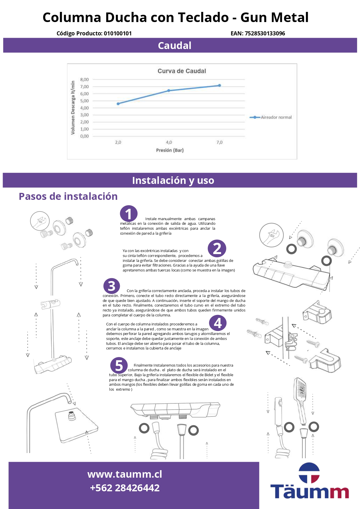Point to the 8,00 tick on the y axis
click(x=84, y=79)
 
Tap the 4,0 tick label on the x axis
click(x=169, y=142)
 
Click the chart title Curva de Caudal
click(x=182, y=71)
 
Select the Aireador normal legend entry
click(x=271, y=117)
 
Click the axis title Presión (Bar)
click(x=170, y=150)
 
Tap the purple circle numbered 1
click(x=129, y=214)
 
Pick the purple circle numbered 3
click(x=112, y=286)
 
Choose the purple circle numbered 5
click(x=119, y=365)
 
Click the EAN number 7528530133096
click(x=265, y=33)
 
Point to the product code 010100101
click(x=118, y=33)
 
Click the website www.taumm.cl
click(x=125, y=474)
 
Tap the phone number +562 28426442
click(x=125, y=488)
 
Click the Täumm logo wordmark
click(x=310, y=492)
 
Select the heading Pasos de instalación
click(x=68, y=196)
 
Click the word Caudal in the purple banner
click(x=175, y=46)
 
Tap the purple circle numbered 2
click(x=217, y=249)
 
